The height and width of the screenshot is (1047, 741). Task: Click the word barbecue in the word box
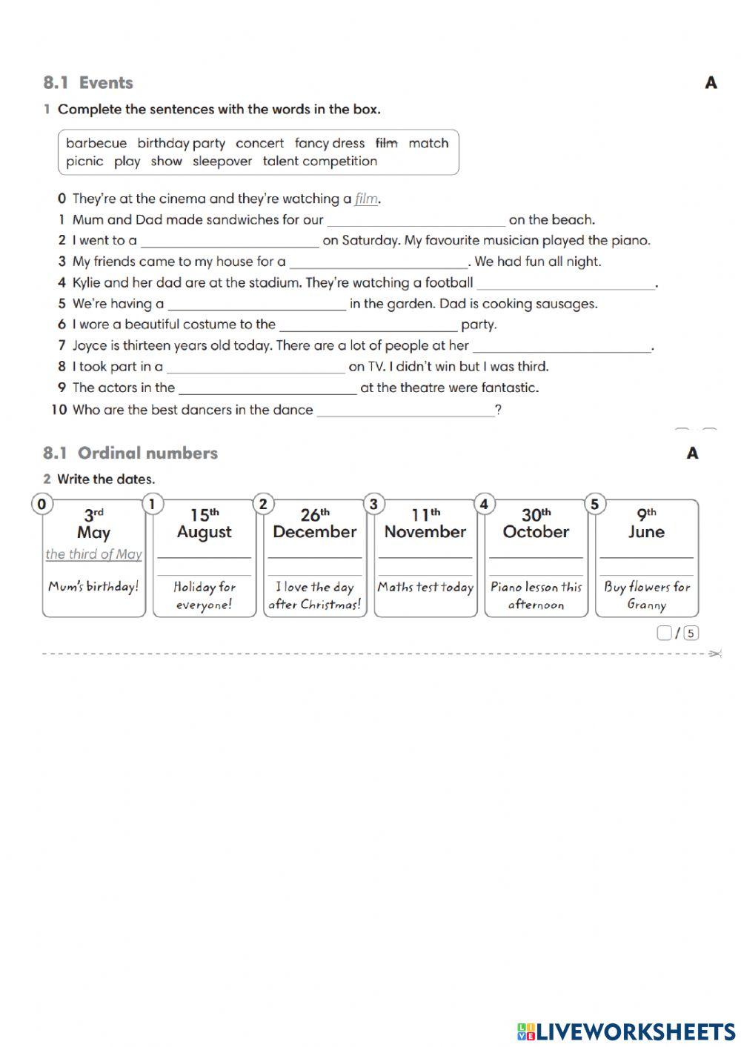coord(96,143)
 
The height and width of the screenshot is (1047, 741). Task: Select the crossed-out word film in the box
coord(386,143)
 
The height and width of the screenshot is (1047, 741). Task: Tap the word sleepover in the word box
coord(222,162)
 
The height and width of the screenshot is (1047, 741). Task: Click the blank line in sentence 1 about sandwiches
coord(416,221)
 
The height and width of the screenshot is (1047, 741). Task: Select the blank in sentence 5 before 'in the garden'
coord(256,305)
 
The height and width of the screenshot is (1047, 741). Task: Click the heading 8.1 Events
coord(88,83)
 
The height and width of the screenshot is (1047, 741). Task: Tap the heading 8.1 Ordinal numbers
coord(130,453)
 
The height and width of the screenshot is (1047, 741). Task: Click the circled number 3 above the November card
coord(373,505)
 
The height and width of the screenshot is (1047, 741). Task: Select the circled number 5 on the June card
coord(594,505)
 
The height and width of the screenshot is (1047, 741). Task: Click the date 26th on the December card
coord(315,514)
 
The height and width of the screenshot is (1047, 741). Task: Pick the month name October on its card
coord(536,532)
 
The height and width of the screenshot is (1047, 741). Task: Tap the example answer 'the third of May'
coord(93,554)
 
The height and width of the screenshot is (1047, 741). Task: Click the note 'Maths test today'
coord(425,588)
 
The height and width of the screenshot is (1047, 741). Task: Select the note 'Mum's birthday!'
coord(93,587)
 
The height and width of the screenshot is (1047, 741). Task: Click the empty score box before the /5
coord(664,633)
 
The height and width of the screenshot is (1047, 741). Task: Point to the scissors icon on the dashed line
coord(714,654)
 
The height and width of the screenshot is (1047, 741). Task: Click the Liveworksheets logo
coord(626,1031)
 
